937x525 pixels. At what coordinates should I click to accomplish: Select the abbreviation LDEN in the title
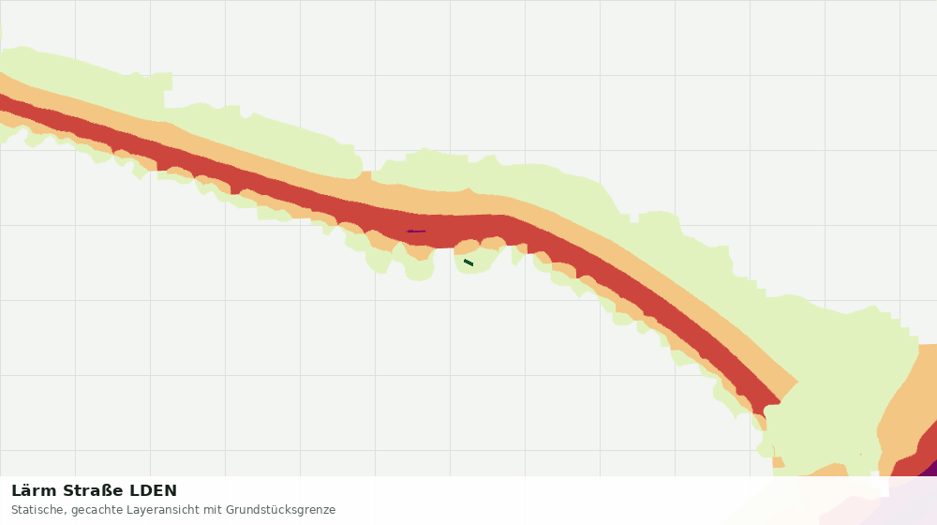[154, 491]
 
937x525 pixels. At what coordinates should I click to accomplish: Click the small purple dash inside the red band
[417, 231]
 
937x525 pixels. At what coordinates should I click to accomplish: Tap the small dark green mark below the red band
[468, 262]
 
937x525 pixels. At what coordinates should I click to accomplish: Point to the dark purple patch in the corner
[930, 469]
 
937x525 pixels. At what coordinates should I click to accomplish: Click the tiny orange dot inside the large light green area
[861, 454]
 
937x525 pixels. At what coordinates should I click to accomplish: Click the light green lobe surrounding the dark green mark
[476, 262]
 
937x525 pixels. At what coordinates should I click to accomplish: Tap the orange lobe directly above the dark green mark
[467, 246]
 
